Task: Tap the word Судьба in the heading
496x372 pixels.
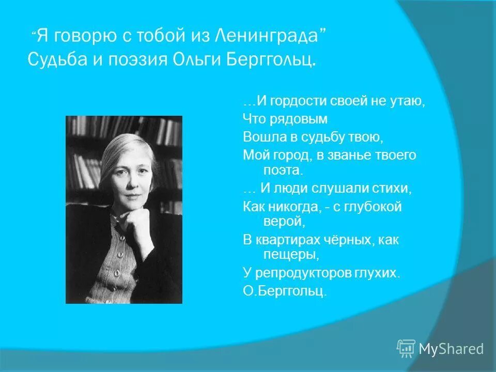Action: [56, 59]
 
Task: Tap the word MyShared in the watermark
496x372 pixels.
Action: [451, 349]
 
